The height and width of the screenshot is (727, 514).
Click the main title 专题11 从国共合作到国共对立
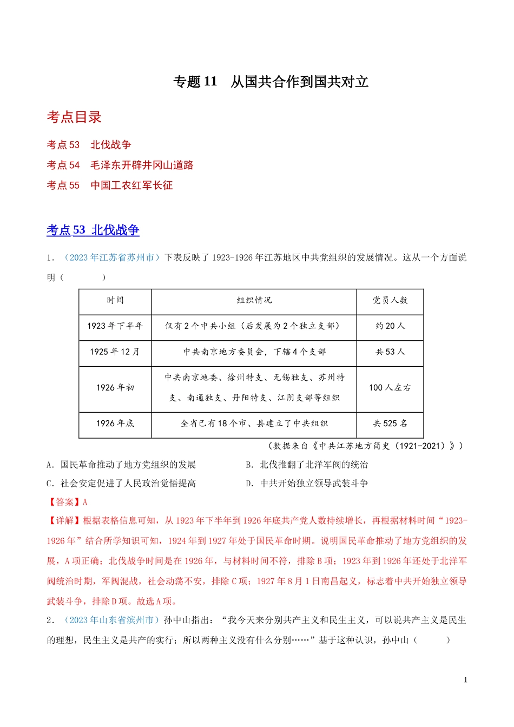(x=271, y=82)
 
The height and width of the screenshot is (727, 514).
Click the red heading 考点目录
(x=74, y=117)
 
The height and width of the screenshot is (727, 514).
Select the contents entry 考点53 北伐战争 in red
(x=89, y=144)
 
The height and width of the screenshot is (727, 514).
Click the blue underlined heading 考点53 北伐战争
(x=93, y=230)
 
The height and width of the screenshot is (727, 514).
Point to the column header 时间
(x=115, y=300)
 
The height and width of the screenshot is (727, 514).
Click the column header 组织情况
(x=254, y=300)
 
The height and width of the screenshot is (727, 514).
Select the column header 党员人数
(x=390, y=300)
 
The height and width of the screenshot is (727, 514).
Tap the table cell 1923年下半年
(x=115, y=326)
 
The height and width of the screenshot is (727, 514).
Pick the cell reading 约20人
(x=390, y=326)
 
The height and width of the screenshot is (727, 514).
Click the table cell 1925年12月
(x=115, y=352)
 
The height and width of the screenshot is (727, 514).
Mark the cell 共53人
(x=390, y=352)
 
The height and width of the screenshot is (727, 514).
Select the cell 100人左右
(x=390, y=387)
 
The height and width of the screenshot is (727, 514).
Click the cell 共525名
(x=390, y=424)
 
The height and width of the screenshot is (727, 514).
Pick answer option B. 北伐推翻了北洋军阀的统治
(x=307, y=465)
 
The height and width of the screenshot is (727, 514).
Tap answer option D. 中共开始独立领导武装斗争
(x=307, y=483)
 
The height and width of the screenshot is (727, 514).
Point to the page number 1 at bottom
(x=465, y=680)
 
